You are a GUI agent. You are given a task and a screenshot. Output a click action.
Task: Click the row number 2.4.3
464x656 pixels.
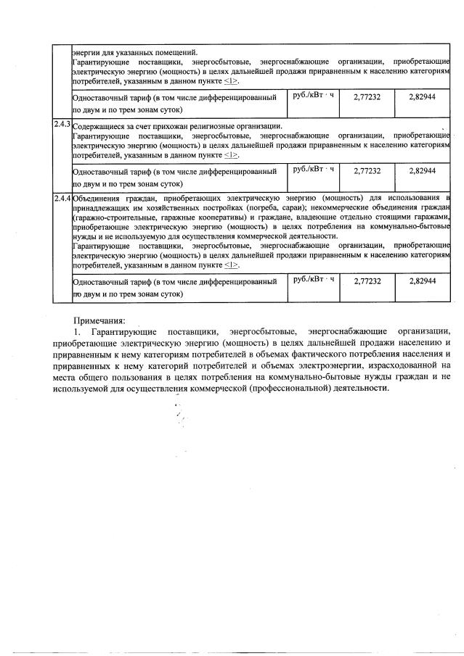[x=62, y=124]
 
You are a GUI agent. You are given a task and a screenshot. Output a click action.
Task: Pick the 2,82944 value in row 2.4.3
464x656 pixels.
[x=421, y=170]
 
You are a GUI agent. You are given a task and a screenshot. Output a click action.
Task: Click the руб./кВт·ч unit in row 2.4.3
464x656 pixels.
[x=313, y=168]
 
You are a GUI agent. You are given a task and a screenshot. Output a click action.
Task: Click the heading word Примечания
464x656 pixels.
[x=99, y=320]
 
